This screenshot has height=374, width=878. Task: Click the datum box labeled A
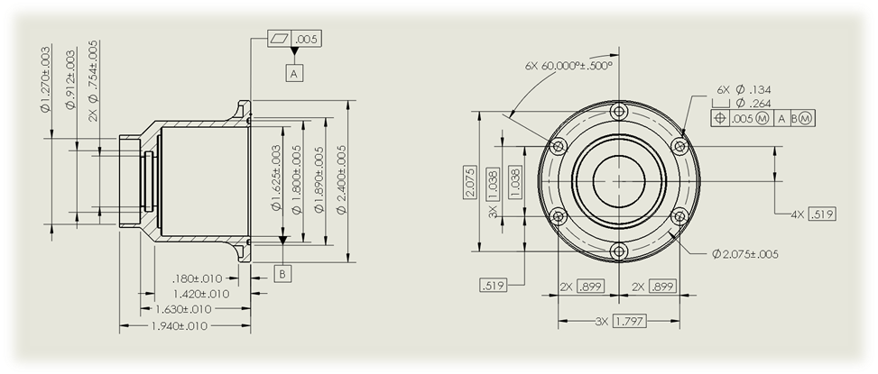point(294,73)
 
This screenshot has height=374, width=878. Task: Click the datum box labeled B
point(282,274)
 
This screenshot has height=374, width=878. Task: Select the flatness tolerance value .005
point(307,39)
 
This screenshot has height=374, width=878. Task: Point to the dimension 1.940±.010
point(180,326)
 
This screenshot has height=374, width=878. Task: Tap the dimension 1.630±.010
point(183,309)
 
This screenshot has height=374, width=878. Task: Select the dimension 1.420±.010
point(201,294)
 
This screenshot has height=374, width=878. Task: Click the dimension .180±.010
point(197,278)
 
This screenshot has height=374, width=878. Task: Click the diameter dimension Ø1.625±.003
point(275,178)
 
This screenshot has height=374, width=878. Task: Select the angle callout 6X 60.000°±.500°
point(568,66)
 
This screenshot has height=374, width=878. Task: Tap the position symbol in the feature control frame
point(720,118)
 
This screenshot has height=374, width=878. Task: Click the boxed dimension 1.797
point(630,322)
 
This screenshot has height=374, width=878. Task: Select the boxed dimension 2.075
point(470,182)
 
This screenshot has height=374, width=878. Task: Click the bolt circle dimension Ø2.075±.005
point(745,254)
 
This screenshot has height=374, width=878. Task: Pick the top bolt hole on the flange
point(619,111)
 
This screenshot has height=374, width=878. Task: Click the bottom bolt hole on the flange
point(619,251)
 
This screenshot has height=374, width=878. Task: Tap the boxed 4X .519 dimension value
point(822,214)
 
